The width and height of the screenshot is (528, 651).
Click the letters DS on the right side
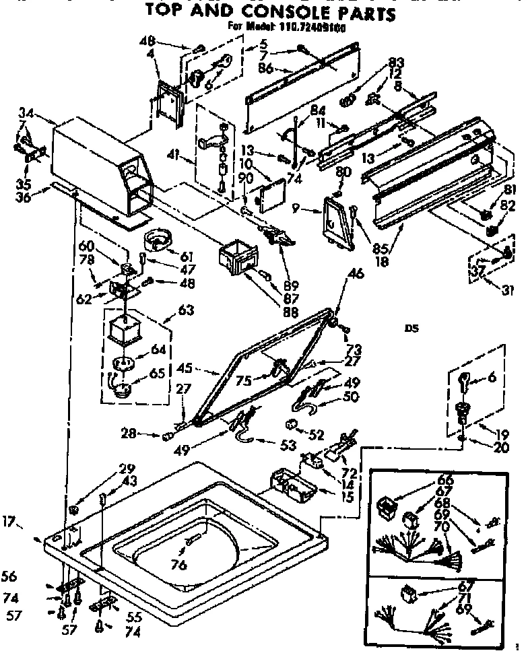click(x=411, y=329)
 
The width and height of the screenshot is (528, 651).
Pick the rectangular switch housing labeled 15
click(x=292, y=486)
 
